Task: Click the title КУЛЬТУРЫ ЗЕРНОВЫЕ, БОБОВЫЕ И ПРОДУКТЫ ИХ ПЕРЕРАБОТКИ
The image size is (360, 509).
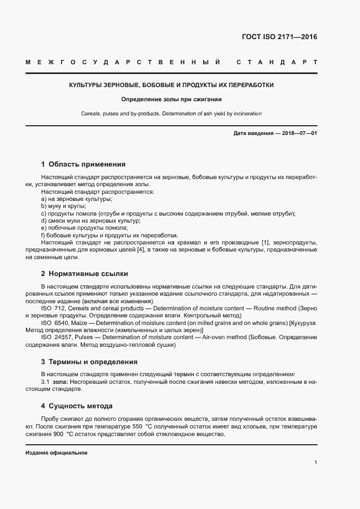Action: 171,85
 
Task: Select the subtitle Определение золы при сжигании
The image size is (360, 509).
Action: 171,100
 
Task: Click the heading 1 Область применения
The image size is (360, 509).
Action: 83,164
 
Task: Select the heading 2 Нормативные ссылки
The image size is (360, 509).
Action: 84,273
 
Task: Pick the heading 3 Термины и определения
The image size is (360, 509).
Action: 89,361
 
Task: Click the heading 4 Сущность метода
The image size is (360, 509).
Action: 77,406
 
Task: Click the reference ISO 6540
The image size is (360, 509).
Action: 53,323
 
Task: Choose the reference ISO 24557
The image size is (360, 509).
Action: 55,338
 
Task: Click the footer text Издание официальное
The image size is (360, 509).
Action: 57,453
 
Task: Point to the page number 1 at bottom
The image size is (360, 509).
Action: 315,463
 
